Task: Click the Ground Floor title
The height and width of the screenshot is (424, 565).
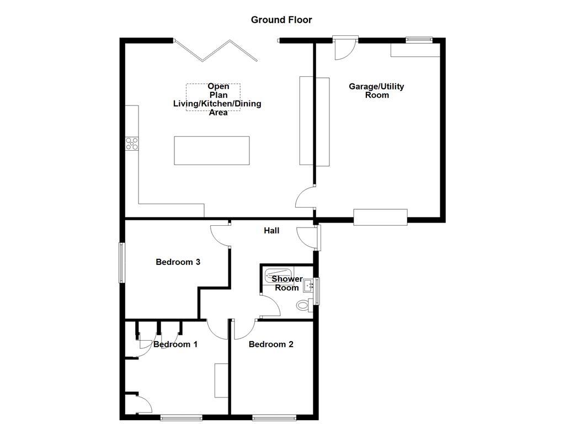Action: [x=281, y=20]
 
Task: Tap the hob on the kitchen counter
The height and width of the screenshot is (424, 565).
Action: [x=132, y=144]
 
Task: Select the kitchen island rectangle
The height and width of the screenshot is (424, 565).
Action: [x=212, y=150]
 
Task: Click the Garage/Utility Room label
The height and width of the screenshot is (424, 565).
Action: [x=376, y=91]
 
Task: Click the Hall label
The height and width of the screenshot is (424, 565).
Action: [x=271, y=230]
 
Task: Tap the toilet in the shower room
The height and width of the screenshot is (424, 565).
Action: [x=303, y=305]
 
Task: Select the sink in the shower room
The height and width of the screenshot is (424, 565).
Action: [x=308, y=285]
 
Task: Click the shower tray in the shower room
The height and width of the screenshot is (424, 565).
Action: [x=279, y=272]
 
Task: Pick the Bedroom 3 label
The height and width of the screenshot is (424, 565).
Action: [x=178, y=262]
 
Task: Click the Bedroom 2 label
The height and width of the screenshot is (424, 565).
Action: [x=271, y=344]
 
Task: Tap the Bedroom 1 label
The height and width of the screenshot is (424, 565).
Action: [x=175, y=344]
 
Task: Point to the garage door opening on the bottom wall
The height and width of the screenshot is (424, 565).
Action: [x=380, y=217]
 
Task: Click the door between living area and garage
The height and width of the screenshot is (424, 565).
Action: [x=305, y=197]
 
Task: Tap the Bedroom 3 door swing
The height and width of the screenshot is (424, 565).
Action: [x=221, y=235]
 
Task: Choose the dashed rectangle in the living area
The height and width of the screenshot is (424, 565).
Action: [x=213, y=97]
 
